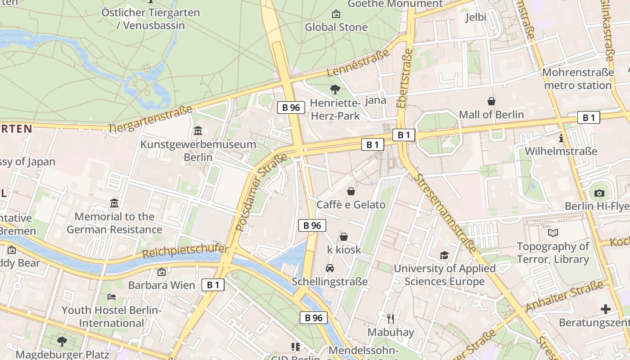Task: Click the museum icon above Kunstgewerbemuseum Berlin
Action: point(198,131)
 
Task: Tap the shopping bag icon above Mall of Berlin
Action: point(491,102)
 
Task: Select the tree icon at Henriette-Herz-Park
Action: point(335,89)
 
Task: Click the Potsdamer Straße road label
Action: point(261,193)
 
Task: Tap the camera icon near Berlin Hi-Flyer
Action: point(599,193)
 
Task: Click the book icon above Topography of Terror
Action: point(553,233)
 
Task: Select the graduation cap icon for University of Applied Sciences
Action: point(445,255)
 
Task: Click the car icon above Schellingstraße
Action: point(330,268)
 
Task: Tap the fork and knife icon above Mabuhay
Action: point(391,319)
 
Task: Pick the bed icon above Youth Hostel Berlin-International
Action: point(111,297)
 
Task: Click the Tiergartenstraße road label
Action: point(150,119)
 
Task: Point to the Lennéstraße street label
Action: point(358,63)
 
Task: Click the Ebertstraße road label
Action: point(405,79)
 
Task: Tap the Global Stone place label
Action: point(336,27)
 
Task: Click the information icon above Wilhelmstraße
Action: point(561,138)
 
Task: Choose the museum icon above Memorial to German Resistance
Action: point(114,203)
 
